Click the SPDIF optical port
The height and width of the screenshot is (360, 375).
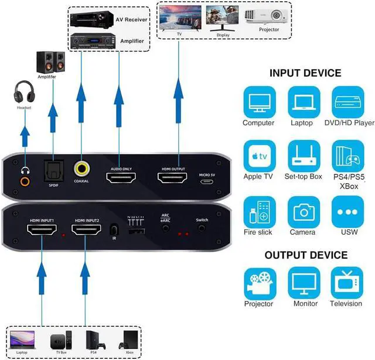pos(53,169)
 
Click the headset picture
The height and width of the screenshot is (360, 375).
pos(24,94)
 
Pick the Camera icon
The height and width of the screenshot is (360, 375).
pos(303,212)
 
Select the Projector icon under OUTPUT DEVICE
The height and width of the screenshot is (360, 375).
pos(258,283)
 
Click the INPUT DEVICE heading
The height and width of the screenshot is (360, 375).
pos(305,73)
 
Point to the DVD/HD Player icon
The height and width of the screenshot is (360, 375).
pos(348,102)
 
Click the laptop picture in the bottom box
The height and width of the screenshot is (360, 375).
pos(22,338)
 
